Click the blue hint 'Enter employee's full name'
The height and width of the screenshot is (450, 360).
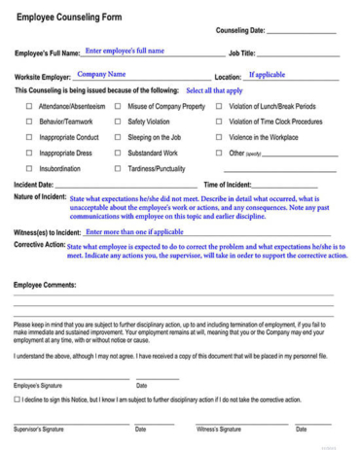pyautogui.click(x=125, y=51)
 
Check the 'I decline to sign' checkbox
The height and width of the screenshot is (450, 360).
pyautogui.click(x=18, y=399)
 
